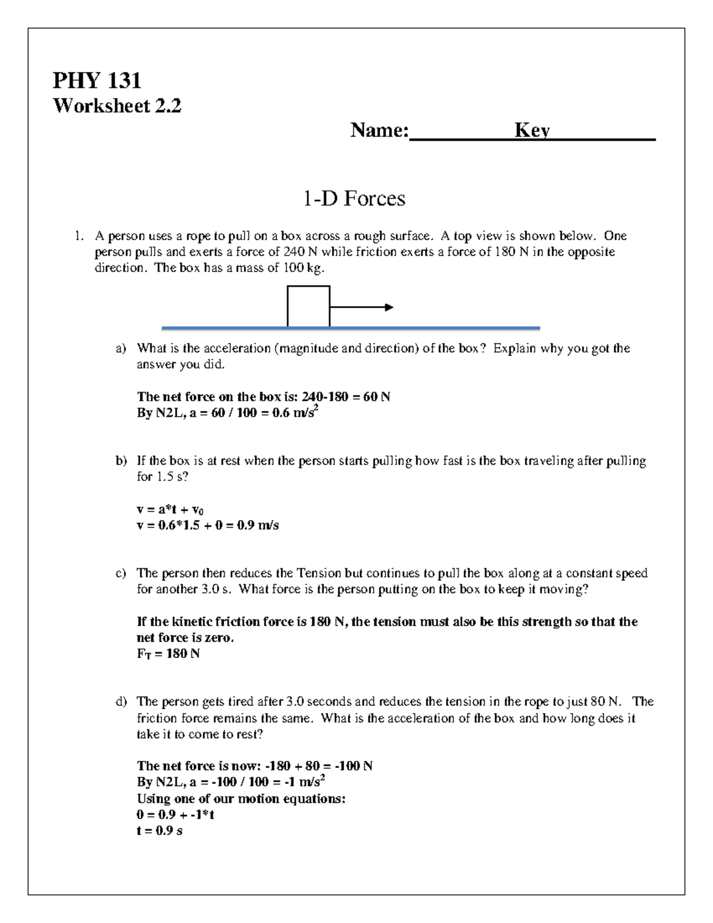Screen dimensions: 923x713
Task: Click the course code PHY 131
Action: [97, 80]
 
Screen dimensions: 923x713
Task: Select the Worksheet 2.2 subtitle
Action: [117, 106]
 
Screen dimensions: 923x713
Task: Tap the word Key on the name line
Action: [532, 130]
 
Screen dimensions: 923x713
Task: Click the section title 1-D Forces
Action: [354, 198]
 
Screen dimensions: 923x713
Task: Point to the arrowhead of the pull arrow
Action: [389, 307]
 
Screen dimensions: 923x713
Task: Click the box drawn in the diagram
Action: [308, 306]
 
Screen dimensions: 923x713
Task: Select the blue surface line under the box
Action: [351, 328]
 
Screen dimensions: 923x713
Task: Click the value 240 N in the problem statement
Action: [301, 252]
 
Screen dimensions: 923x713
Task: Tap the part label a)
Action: [121, 348]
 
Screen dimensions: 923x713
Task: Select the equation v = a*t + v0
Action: [171, 509]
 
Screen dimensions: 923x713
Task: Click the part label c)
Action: [121, 574]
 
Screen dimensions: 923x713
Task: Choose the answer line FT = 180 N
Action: [168, 654]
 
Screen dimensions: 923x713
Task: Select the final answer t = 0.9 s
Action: [159, 831]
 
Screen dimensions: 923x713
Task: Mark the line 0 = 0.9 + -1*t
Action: [175, 815]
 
